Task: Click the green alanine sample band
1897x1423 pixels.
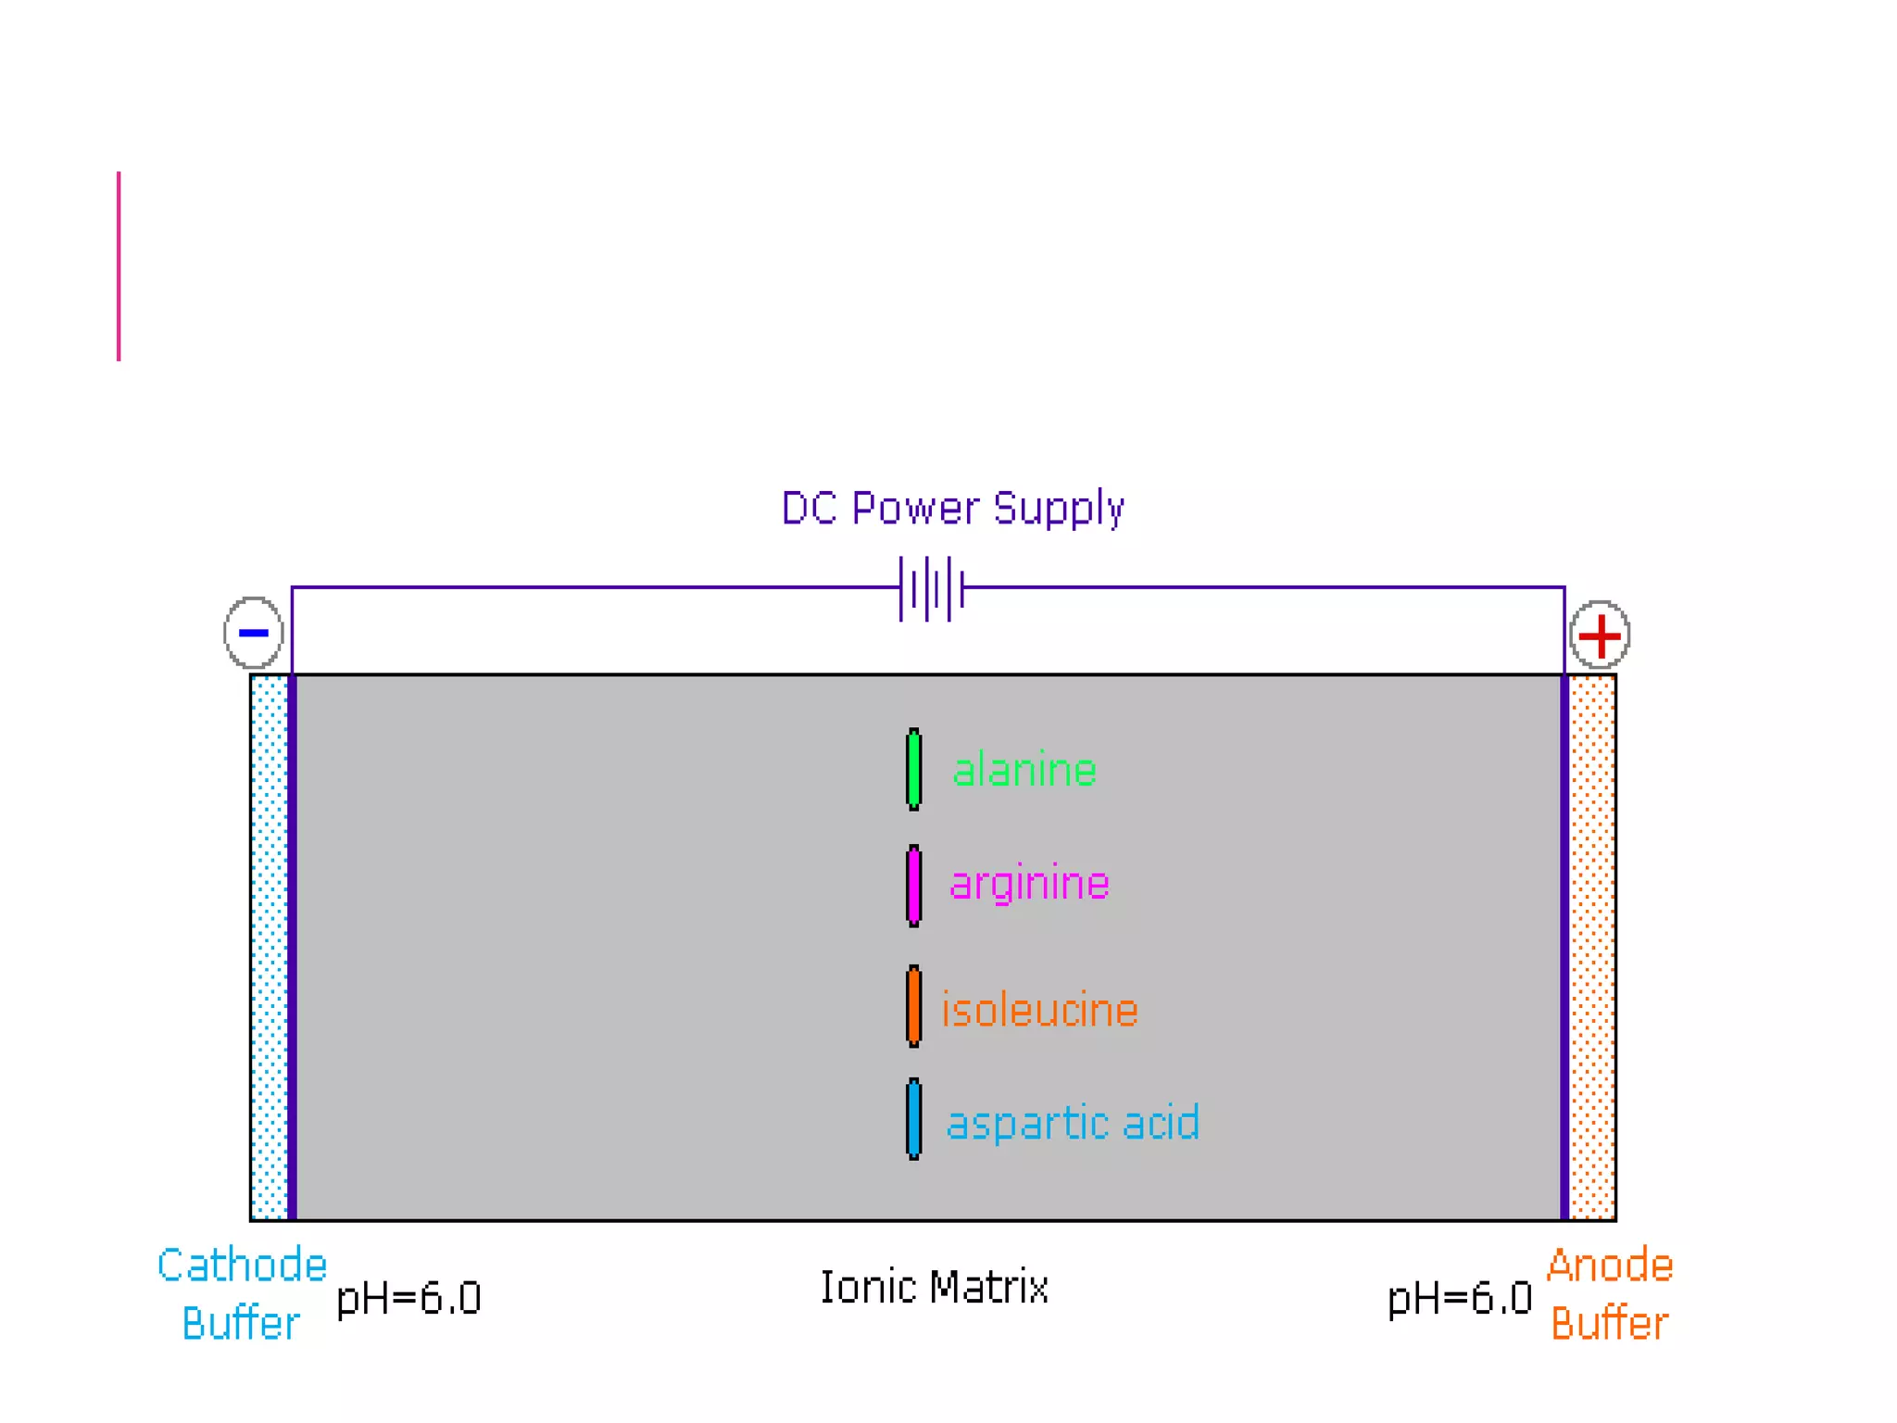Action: click(913, 770)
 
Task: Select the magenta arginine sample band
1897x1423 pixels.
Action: click(913, 886)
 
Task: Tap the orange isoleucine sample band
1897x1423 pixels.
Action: click(913, 1006)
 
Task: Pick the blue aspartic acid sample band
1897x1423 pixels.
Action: click(913, 1119)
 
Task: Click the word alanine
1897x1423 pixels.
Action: click(1024, 771)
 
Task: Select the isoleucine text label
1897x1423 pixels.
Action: click(1039, 1010)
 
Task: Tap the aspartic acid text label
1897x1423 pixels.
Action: click(1073, 1123)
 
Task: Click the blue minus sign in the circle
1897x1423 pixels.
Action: click(253, 633)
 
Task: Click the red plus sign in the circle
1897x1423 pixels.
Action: click(1600, 636)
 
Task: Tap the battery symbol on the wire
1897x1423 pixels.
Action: click(932, 588)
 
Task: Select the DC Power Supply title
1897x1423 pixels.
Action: click(952, 509)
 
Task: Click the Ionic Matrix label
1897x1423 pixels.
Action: click(934, 1288)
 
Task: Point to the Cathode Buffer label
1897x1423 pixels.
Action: click(242, 1294)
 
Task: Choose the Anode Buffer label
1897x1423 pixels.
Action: click(1610, 1294)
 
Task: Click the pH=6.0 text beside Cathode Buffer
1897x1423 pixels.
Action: click(408, 1298)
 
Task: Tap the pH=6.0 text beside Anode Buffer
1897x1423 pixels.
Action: click(1460, 1298)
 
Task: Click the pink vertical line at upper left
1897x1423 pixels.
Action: click(119, 266)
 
